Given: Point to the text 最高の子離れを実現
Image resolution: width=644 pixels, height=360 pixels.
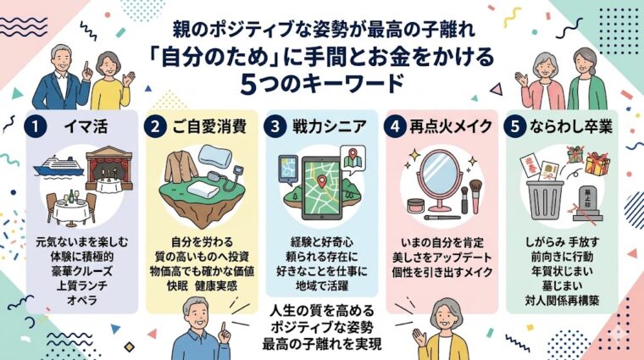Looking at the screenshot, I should (322, 343).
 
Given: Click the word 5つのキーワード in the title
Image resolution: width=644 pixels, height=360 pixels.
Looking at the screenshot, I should (322, 86).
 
